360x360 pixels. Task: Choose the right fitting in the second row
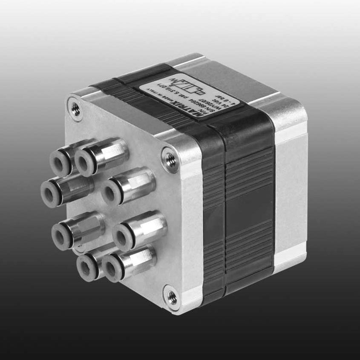click(113, 192)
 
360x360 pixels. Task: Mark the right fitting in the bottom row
click(113, 268)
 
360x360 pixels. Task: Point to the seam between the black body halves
click(224, 204)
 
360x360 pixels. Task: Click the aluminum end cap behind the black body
click(290, 179)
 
